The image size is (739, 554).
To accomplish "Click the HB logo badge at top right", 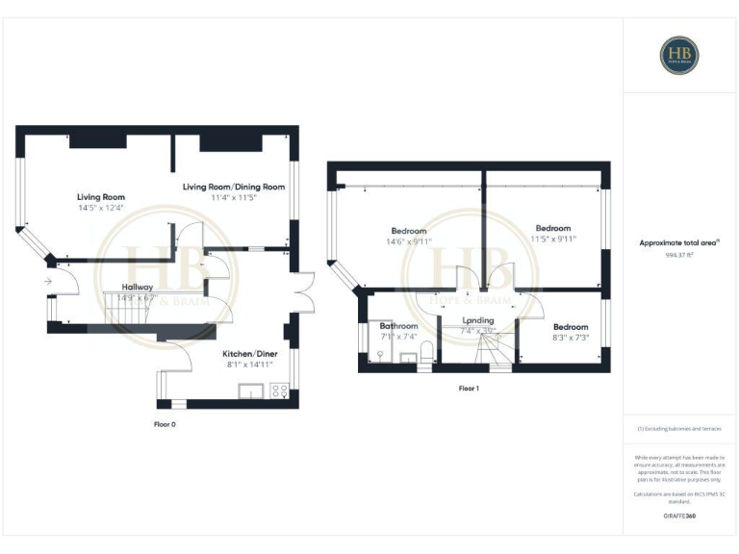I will click(x=679, y=55).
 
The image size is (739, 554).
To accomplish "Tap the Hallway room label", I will click(x=138, y=287).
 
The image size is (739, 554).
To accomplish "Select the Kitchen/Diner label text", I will click(x=248, y=353).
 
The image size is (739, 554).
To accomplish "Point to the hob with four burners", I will click(x=280, y=390).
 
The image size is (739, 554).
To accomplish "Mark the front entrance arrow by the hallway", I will click(x=48, y=281).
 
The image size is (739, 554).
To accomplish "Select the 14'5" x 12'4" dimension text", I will click(x=101, y=209).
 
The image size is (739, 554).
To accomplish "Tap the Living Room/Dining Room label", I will click(x=234, y=187).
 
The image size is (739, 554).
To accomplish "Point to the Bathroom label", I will click(x=398, y=326).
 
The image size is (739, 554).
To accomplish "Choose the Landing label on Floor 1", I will click(x=478, y=320).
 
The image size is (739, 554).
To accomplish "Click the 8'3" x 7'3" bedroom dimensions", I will click(x=570, y=339).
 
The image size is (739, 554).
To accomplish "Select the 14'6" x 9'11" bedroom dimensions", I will click(x=411, y=241).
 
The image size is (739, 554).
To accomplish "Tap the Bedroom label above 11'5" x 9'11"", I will click(x=553, y=228).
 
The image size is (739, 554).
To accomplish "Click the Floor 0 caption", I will click(x=165, y=423).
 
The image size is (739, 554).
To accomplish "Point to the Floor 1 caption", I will click(x=469, y=389).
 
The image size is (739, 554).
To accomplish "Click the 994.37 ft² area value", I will click(x=679, y=256).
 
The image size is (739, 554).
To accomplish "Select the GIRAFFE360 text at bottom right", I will click(x=679, y=516).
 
